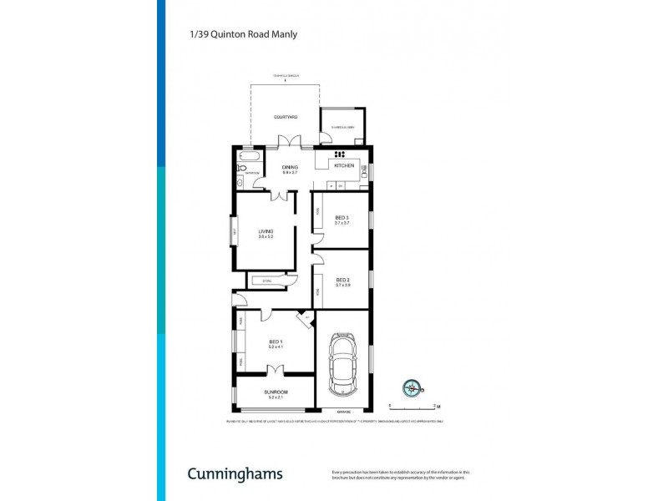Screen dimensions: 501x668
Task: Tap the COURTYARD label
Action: [286, 117]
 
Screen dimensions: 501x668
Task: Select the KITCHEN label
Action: [344, 166]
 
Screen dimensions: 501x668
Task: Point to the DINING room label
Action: [290, 166]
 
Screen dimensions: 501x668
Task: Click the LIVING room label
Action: [266, 231]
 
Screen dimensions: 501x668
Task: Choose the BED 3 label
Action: [342, 218]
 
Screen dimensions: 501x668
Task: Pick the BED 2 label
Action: [342, 280]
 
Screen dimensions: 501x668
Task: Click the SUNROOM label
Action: [276, 392]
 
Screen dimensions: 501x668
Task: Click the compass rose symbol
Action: [412, 387]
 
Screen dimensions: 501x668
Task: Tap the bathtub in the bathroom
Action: [250, 157]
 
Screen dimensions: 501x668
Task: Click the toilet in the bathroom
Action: [239, 180]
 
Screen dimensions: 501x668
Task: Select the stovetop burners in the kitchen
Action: [340, 155]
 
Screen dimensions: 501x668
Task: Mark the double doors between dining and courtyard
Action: [289, 143]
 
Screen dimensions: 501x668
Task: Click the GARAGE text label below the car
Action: [343, 412]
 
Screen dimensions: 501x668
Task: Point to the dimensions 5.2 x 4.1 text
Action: [276, 347]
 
